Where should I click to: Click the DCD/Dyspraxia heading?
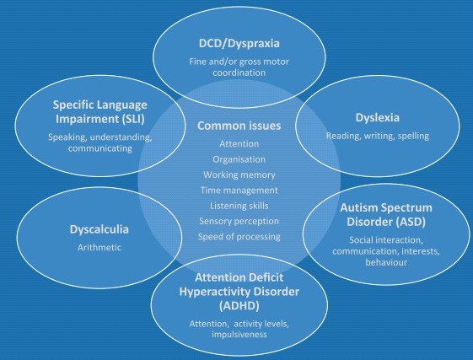coord(239,44)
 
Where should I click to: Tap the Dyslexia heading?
coord(378,118)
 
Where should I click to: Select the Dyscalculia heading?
coord(99,229)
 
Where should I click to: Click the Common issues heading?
coord(239,126)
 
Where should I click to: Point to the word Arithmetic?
coord(99,247)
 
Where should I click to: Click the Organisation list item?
coord(239,159)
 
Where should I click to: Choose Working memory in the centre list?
coord(239,175)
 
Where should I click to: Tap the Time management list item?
coord(239,191)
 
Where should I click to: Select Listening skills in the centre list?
coord(239,206)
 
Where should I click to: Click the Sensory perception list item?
coord(239,221)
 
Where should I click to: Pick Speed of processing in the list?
coord(239,237)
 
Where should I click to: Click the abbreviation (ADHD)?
coord(239,306)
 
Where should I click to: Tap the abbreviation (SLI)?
coord(133,119)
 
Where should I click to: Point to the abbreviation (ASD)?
coord(411,222)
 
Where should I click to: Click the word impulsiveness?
coord(239,335)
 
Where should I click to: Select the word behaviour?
coord(386,262)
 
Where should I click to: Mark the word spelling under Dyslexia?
coord(413,136)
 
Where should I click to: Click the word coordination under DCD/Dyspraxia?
coord(239,73)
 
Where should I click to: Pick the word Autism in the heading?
coord(359,207)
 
